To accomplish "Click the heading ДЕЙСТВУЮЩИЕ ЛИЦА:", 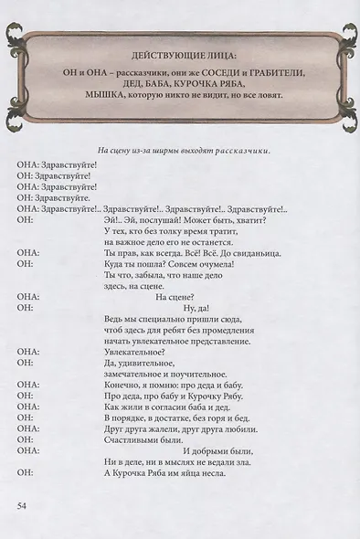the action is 180,55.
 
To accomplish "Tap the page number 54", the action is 24,504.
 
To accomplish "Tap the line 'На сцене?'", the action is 175,296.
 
